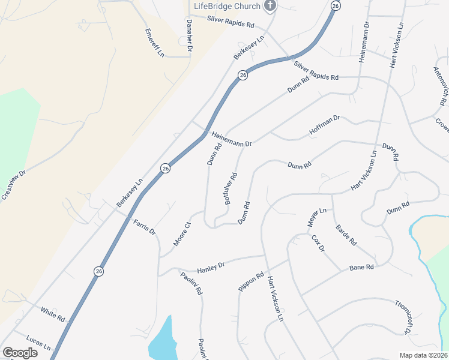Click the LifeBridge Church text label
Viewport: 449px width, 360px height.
click(x=227, y=6)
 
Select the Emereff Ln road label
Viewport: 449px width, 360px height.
click(x=154, y=43)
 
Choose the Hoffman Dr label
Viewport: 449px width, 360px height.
click(x=324, y=125)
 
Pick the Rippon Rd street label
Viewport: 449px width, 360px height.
click(x=251, y=282)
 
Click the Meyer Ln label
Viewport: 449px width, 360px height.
click(x=316, y=217)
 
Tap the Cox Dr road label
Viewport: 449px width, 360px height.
click(x=318, y=243)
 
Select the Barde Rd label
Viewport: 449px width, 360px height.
click(x=346, y=235)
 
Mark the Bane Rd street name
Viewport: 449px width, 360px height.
click(x=361, y=267)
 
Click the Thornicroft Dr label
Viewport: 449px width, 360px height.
click(x=403, y=316)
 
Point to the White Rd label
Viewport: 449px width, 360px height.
click(x=53, y=313)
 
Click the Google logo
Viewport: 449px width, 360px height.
click(x=20, y=352)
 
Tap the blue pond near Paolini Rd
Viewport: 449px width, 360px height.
click(x=163, y=340)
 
